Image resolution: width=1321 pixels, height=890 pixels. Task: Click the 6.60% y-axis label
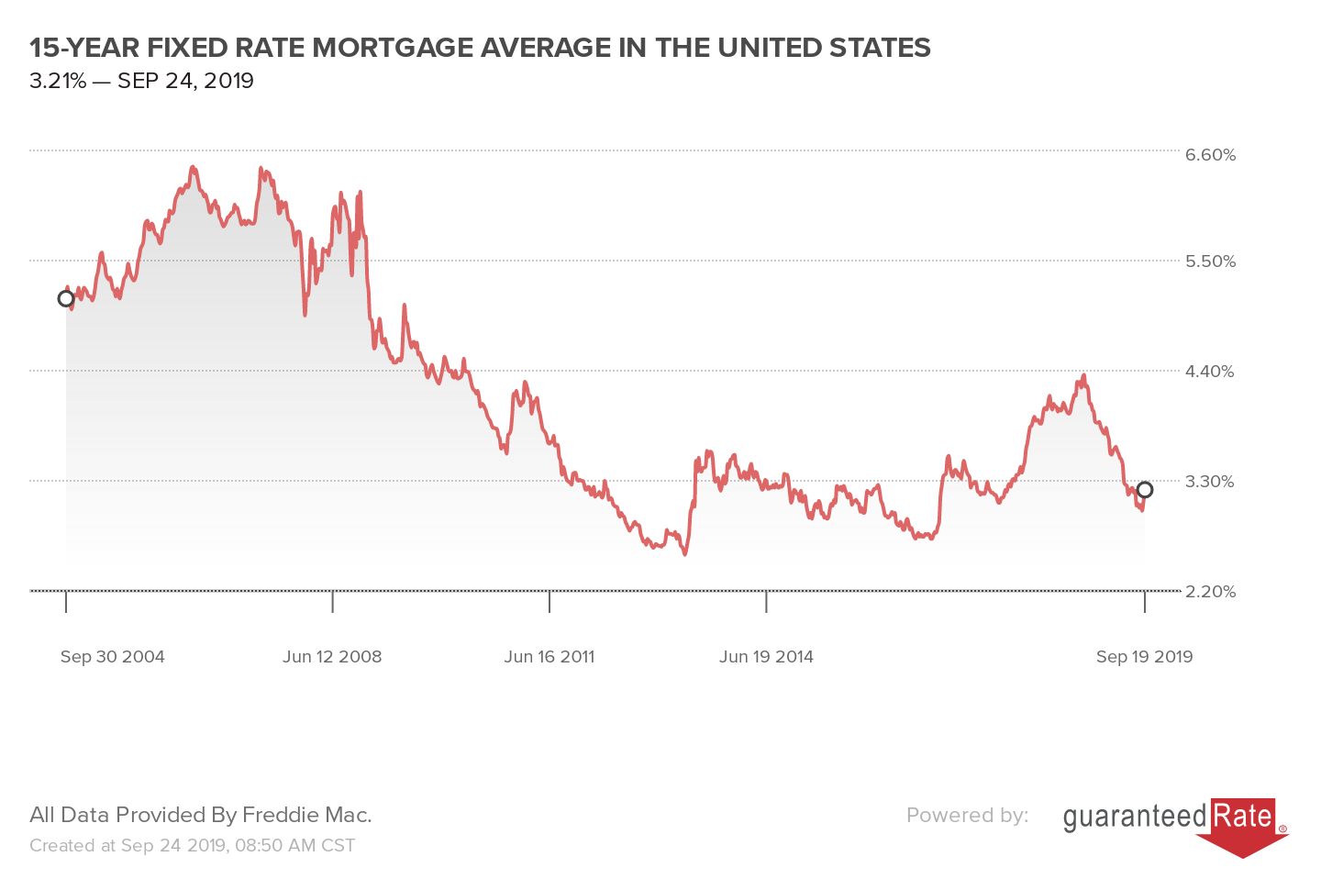click(x=1210, y=155)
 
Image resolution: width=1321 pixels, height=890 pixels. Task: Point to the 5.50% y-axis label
click(x=1210, y=261)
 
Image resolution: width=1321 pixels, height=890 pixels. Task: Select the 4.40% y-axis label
click(x=1210, y=372)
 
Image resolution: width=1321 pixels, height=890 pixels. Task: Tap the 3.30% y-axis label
click(x=1210, y=482)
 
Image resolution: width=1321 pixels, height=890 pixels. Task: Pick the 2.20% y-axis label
click(x=1210, y=592)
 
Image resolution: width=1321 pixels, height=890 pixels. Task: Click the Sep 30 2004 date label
click(x=112, y=657)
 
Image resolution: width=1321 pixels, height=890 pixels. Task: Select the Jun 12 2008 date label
click(x=332, y=657)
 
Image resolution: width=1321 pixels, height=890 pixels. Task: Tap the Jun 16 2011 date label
click(x=549, y=657)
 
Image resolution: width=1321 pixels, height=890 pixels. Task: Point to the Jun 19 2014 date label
click(x=766, y=657)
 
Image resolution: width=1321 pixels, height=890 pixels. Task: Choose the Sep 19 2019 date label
click(x=1144, y=657)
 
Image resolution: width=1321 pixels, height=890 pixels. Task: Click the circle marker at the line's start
click(x=66, y=298)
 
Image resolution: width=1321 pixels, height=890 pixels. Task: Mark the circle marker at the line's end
click(x=1144, y=490)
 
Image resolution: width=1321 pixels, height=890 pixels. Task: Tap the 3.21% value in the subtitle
click(x=57, y=81)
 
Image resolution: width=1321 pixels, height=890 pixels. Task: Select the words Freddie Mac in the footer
click(x=306, y=815)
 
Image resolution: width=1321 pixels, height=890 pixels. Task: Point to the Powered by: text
click(x=967, y=815)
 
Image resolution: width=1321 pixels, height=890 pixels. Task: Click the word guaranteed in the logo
click(x=1135, y=817)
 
